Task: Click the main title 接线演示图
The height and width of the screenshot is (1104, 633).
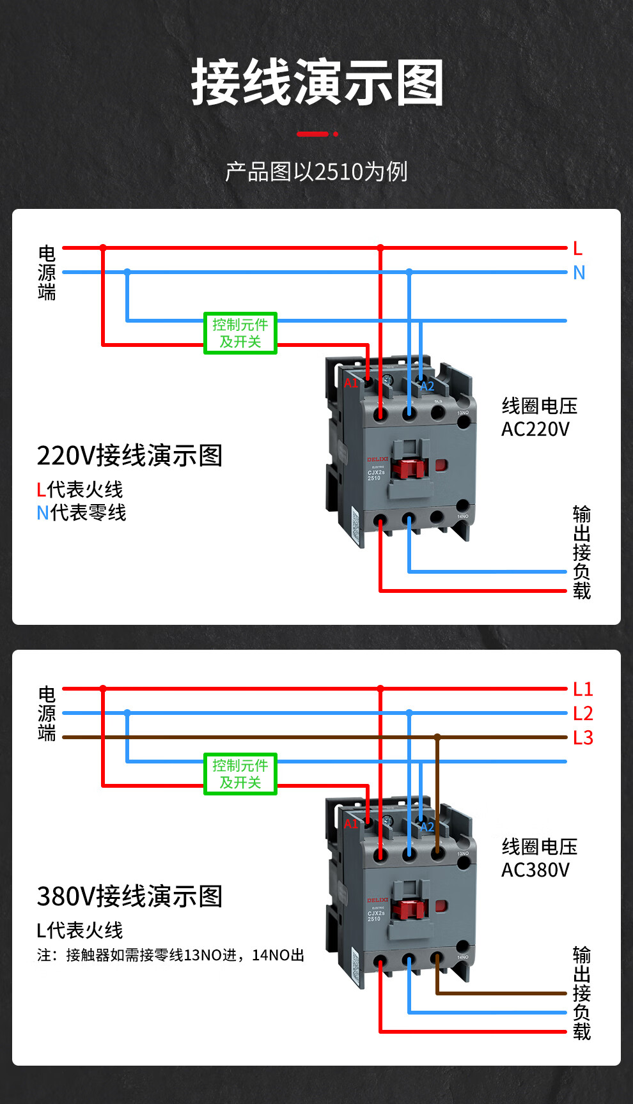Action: [317, 83]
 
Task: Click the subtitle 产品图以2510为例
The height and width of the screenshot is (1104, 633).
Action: [316, 172]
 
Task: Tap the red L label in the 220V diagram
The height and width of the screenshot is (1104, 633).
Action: [578, 249]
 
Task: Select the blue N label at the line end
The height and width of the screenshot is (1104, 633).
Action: [579, 273]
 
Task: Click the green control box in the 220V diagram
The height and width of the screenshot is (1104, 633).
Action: [240, 333]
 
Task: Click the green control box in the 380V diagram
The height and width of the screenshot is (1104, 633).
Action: [240, 774]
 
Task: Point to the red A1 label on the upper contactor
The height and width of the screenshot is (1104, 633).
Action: [351, 383]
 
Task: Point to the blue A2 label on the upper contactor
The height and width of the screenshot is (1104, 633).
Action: [427, 387]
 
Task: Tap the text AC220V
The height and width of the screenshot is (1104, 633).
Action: [535, 429]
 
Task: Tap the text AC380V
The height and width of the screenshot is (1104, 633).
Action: [535, 870]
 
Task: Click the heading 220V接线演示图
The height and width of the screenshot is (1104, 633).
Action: [130, 456]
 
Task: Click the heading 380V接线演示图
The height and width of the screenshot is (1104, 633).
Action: [130, 897]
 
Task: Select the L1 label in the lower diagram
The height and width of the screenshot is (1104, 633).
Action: [582, 689]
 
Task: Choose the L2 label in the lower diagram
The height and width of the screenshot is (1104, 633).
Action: [582, 714]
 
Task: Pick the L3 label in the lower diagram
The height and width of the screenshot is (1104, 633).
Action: [582, 738]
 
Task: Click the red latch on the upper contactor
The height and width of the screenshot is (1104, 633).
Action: [409, 468]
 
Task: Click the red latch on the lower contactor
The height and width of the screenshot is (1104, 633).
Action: [409, 909]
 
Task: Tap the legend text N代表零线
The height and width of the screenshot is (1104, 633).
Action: [81, 512]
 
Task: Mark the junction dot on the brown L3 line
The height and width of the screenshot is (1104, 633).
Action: [437, 737]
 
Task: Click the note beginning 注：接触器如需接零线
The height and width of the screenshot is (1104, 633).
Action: [170, 955]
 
